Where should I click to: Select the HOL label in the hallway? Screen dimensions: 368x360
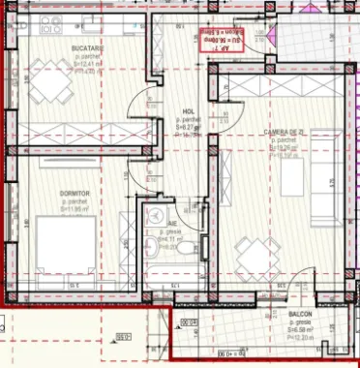click(189, 111)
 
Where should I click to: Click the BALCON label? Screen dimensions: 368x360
click(301, 316)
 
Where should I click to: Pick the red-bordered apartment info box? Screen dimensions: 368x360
click(227, 40)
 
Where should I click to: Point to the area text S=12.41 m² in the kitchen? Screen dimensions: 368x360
click(88, 64)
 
